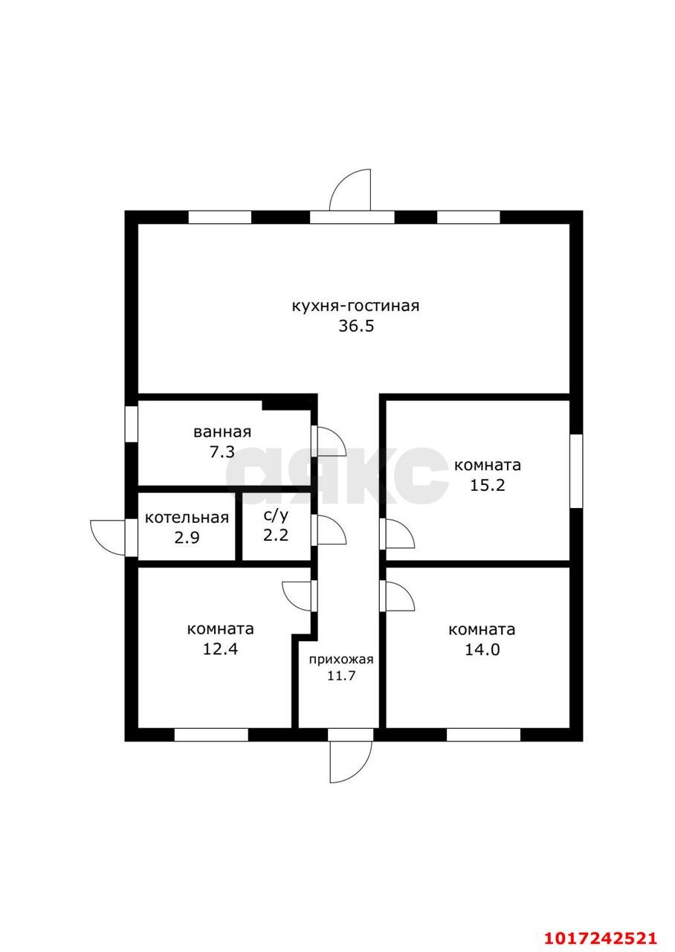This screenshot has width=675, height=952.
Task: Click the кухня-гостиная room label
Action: point(355,306)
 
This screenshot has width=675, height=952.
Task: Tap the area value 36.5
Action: point(356,327)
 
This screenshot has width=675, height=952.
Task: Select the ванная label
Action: point(222,432)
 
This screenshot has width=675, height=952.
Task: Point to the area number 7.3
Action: point(222,451)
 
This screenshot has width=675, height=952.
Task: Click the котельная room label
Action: point(187,518)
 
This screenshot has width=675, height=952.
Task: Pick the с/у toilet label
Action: point(276,515)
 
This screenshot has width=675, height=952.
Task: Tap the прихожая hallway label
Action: point(341,660)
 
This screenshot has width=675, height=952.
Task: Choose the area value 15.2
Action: point(487,485)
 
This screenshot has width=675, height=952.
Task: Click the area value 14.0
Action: point(482,650)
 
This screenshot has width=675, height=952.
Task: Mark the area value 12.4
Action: point(220,649)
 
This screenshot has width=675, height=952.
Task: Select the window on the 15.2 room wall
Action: point(576,471)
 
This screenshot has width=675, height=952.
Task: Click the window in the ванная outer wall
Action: point(132,424)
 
